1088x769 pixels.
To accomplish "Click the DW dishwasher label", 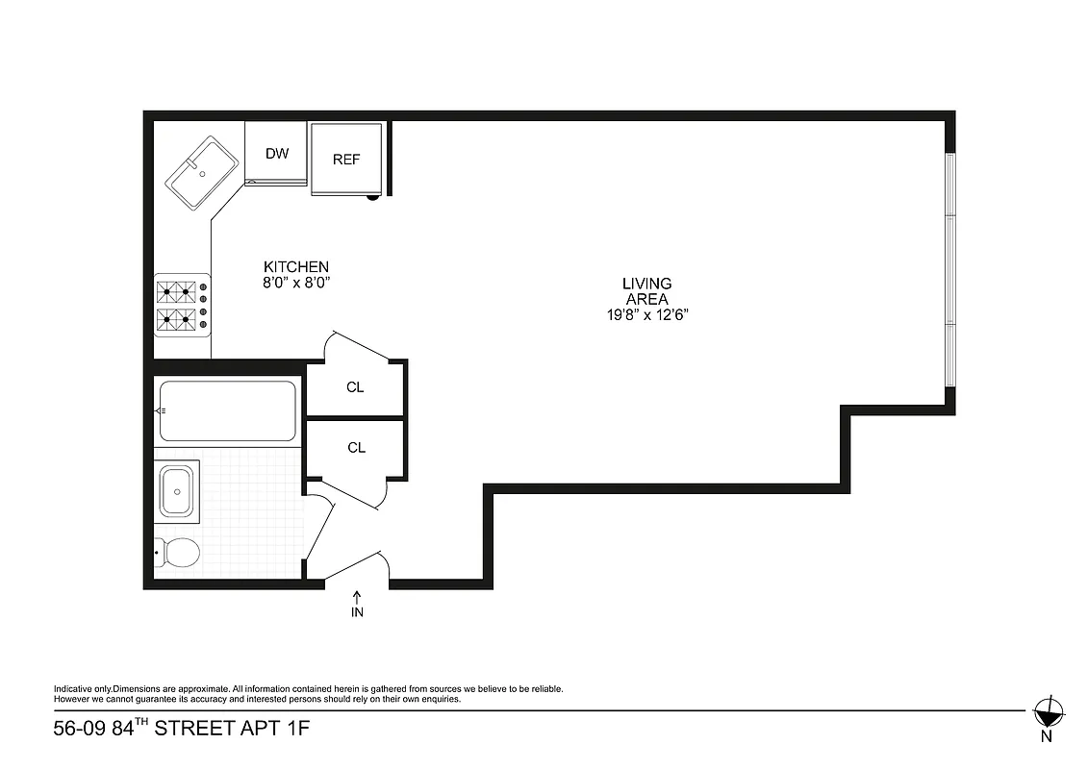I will point(277,154).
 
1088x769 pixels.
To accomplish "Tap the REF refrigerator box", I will point(346,160).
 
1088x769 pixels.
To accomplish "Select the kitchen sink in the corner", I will point(202,174).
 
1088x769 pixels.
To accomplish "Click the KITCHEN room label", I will point(297,266).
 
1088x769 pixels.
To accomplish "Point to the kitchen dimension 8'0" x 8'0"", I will point(297,283).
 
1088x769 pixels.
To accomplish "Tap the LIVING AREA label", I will point(646,291).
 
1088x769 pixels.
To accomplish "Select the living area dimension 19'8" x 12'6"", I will point(646,314).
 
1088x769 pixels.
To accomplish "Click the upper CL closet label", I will point(355,387).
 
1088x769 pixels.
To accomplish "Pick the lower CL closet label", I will point(356,448).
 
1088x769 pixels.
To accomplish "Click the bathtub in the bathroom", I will point(227,411).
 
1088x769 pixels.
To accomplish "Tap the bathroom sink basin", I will point(177,492).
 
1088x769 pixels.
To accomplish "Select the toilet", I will point(178,553).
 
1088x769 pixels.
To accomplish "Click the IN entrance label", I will point(357,612).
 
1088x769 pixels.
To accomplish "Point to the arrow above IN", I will point(357,596).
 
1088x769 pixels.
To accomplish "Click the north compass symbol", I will point(1047,713).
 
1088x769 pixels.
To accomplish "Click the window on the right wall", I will point(950,270).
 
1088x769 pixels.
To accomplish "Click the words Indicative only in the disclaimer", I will point(82,689).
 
